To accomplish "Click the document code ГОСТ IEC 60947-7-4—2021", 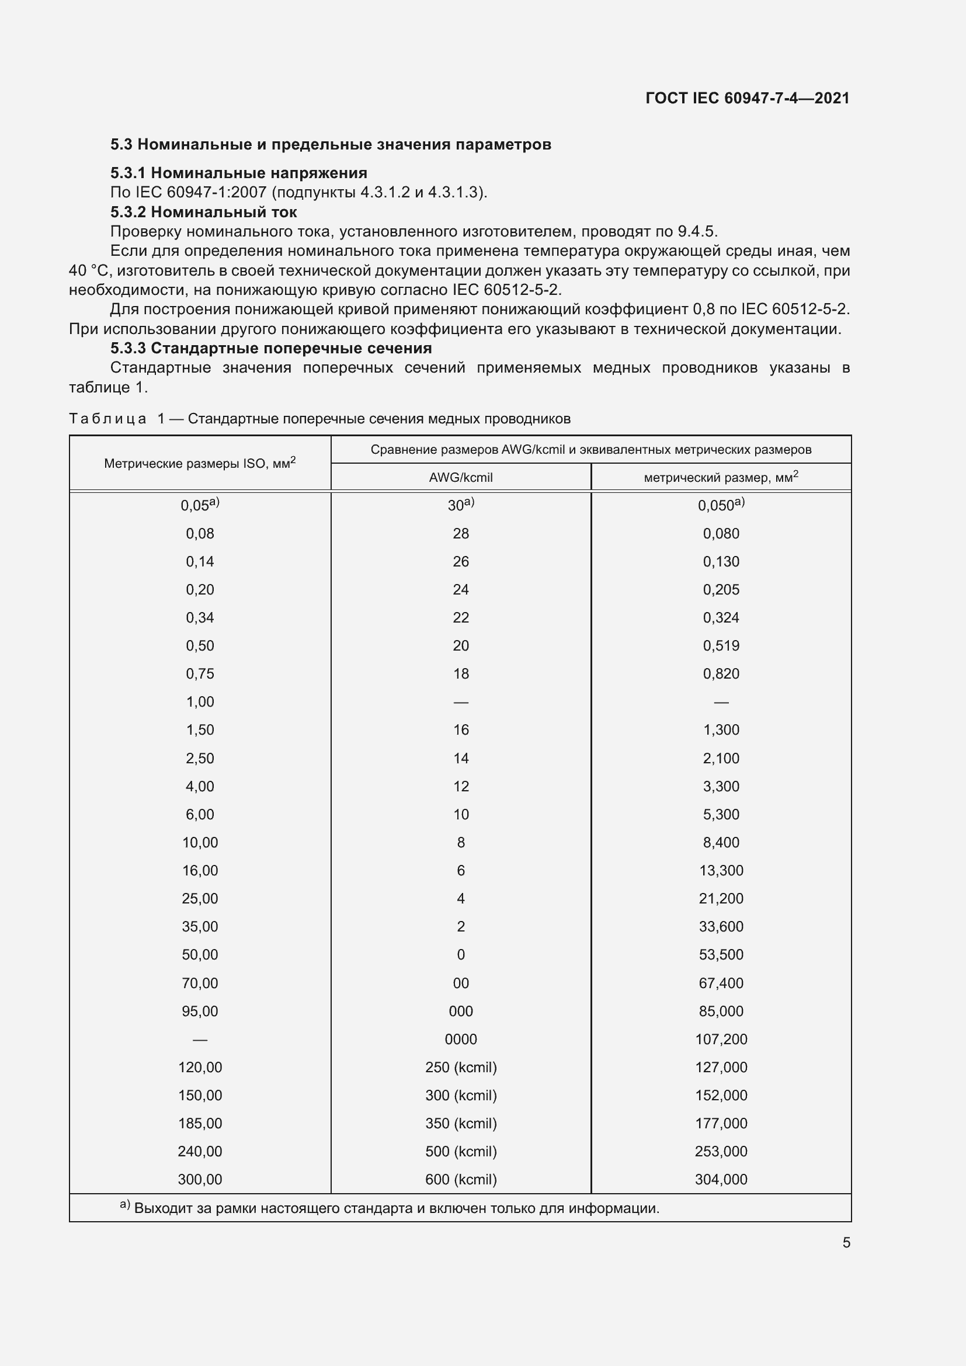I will pos(747,98).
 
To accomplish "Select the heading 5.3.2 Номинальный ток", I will pos(203,213).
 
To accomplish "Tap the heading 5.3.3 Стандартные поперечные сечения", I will pos(270,348).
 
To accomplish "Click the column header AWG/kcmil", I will pos(460,477).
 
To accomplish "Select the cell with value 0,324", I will pos(721,617).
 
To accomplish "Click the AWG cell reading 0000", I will pos(460,1039).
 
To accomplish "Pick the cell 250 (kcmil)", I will pos(460,1067).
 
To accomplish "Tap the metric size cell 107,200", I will pos(721,1039).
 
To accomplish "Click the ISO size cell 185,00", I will pos(200,1123).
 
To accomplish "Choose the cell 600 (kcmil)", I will pos(460,1179).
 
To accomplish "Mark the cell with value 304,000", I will pos(721,1179).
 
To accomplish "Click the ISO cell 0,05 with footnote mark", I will pos(200,505).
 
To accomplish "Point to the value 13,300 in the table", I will pos(721,870).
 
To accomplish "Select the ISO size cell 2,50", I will pos(200,758).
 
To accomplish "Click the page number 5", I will pos(846,1242).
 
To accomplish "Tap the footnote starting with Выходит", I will pos(396,1208).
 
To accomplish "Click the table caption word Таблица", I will pos(107,419).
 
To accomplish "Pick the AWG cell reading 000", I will pos(460,1011).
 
